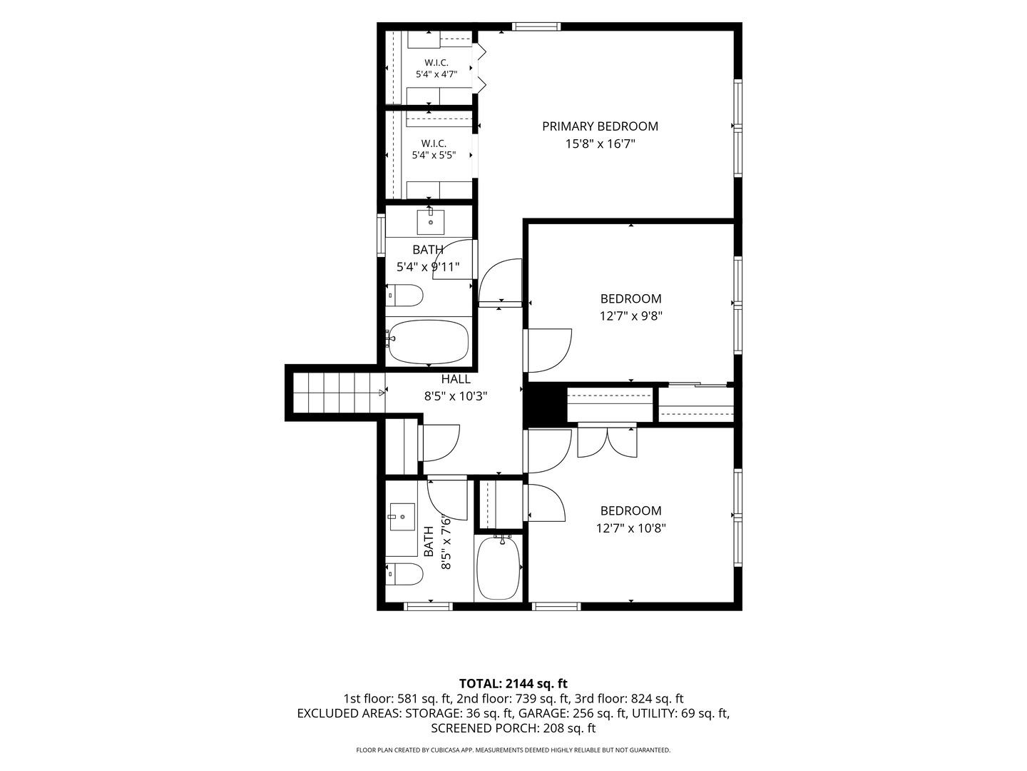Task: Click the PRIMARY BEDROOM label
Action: coord(600,126)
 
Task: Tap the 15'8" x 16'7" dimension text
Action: coord(600,143)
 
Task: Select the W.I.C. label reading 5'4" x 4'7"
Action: coord(436,68)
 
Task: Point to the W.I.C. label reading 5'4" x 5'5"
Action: coord(434,149)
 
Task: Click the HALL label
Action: coord(456,378)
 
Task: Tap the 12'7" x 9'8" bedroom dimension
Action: coord(630,316)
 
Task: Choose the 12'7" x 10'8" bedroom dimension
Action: coord(630,528)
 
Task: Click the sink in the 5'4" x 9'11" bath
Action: coord(431,222)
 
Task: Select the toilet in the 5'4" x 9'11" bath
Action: coord(404,296)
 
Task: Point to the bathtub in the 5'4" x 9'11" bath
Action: coord(429,342)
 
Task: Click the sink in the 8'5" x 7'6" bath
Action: coord(402,517)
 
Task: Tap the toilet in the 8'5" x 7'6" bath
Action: coord(404,574)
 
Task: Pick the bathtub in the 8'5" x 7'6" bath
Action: coord(499,568)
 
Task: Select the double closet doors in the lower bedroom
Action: coord(607,440)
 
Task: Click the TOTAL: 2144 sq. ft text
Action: coord(513,684)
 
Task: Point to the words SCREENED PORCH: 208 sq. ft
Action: coord(513,728)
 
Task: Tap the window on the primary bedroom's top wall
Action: coord(536,26)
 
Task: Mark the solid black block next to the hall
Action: coord(545,403)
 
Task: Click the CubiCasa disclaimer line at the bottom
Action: coord(513,750)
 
